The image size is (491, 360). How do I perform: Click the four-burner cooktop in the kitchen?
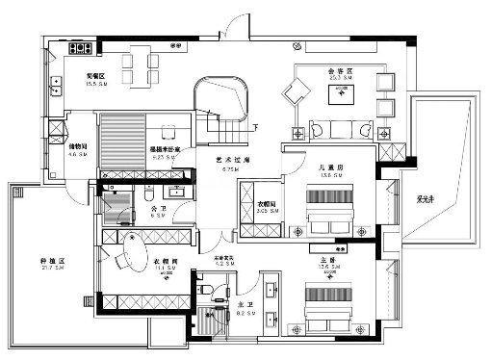pyautogui.click(x=79, y=47)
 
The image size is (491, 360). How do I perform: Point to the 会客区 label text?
pyautogui.click(x=340, y=71)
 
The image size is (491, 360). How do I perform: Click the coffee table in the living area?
pyautogui.click(x=342, y=93)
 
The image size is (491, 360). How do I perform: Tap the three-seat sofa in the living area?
pyautogui.click(x=339, y=127)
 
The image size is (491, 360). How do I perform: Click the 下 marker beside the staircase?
pyautogui.click(x=253, y=127)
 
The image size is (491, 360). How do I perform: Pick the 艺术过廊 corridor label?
pyautogui.click(x=229, y=161)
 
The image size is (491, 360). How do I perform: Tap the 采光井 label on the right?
pyautogui.click(x=423, y=201)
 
